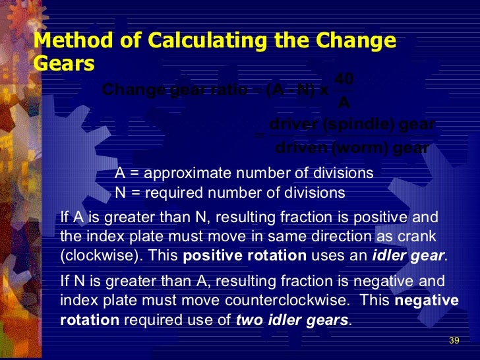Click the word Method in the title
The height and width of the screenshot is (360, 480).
point(67,41)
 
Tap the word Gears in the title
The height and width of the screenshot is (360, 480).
point(64,63)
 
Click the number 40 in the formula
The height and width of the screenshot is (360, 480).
point(344,79)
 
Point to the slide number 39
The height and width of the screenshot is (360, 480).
point(454,341)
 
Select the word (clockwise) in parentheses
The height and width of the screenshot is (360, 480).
point(96,256)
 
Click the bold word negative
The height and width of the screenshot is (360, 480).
point(426,301)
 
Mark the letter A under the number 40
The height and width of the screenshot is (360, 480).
point(344,103)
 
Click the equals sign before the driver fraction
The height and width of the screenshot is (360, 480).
point(259,136)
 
